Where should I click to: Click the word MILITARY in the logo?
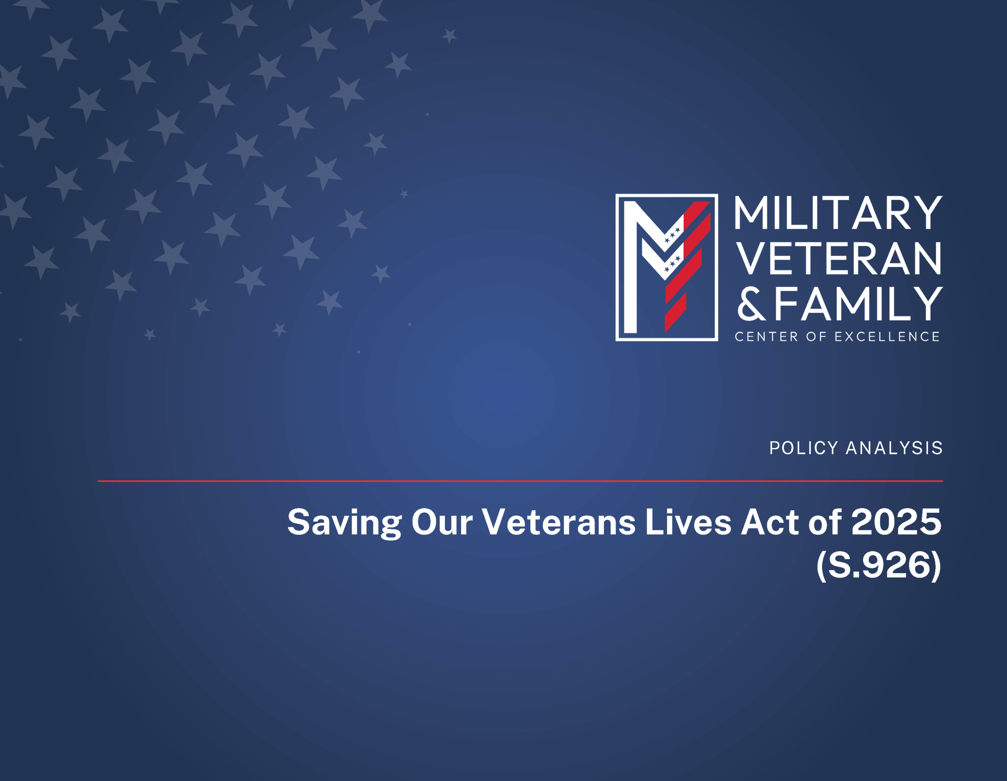838,213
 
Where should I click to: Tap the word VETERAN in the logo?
838,258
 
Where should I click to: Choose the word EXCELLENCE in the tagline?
887,337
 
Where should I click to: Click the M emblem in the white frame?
667,267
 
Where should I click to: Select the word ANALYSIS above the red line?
894,448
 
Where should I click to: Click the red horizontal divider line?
520,481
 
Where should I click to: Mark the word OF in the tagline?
816,337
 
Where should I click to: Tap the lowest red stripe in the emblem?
675,312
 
